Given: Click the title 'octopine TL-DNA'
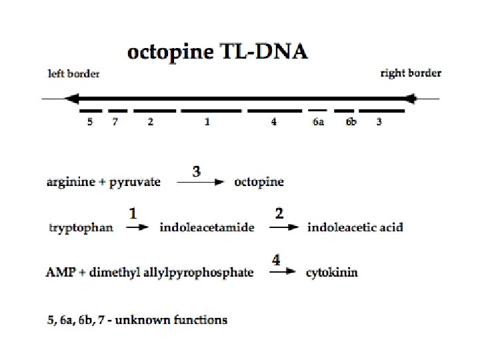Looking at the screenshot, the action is [218, 52].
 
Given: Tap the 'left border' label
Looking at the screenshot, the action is [74, 74].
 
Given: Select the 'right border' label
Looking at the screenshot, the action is [411, 73].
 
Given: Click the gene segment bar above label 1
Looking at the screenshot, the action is [208, 110].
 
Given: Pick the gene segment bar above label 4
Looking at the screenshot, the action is [275, 110].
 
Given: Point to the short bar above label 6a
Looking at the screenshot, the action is [317, 110].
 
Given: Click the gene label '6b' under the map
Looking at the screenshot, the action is [351, 123].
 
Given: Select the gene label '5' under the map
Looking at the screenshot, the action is [90, 123].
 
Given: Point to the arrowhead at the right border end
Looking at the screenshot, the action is [411, 99].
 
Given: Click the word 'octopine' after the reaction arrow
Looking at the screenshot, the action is [259, 182].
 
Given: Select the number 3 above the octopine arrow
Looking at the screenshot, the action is [197, 171].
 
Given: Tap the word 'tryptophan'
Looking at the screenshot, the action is [81, 228].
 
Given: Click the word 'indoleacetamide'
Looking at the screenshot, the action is [207, 227].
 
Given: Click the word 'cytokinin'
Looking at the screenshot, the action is [332, 273].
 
